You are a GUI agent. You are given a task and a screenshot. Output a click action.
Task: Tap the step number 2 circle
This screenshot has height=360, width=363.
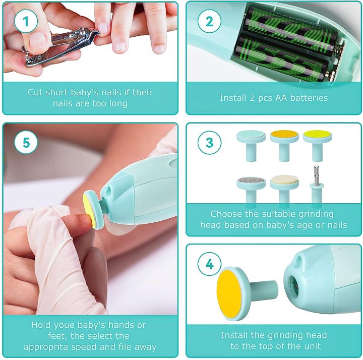(x=209, y=22)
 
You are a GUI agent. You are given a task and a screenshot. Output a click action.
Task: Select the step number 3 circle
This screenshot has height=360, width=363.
(x=209, y=143)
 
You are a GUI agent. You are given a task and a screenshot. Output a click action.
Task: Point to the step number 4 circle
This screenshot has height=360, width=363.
(x=209, y=264)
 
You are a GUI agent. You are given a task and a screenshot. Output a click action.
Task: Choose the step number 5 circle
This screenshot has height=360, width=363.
(x=26, y=143)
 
